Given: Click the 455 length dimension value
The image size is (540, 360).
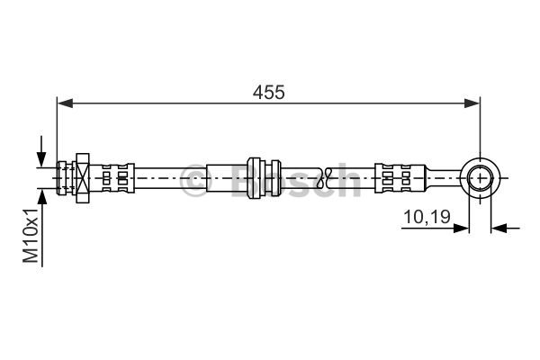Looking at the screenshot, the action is pos(268,93).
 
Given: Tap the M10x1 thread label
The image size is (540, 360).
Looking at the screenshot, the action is pos(31,235).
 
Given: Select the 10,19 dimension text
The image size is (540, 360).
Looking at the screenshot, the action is pos(427,218).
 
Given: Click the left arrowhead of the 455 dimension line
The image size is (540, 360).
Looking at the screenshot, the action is pos(65,103).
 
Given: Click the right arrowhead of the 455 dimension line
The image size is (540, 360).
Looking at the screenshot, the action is pos(472,103).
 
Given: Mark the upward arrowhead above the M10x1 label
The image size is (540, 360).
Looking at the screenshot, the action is pos(42,197).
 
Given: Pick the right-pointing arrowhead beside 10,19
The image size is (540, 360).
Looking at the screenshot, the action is pos(461,228).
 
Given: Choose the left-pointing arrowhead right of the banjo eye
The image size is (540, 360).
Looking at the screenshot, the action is pos(499,228).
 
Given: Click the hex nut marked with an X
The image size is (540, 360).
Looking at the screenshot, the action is pos(83,178).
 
